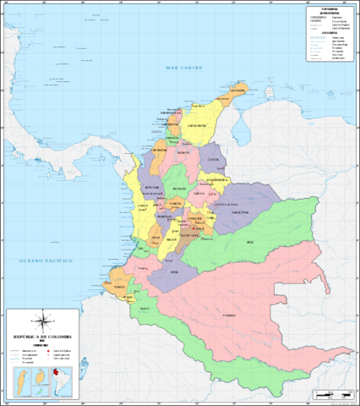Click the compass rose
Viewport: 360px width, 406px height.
coord(45,321)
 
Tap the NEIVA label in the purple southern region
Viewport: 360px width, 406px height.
coord(174,272)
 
